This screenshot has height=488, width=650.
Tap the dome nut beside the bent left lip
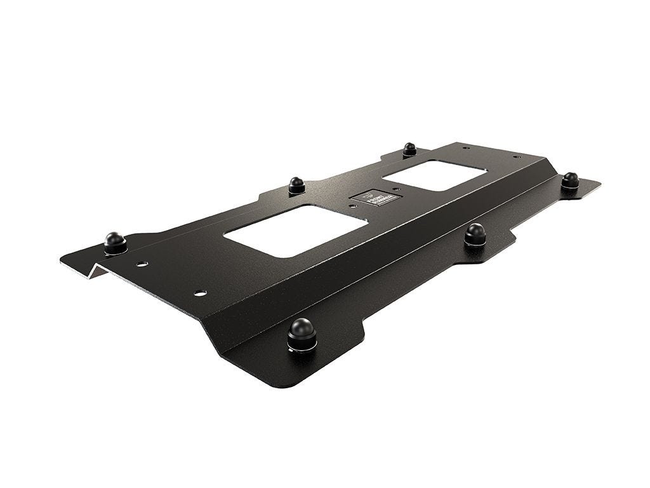pos(115,241)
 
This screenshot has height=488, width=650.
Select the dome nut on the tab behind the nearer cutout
pos(296,184)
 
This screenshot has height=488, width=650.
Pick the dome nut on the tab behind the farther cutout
pos(409,149)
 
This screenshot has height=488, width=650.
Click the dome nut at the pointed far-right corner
pos(570,180)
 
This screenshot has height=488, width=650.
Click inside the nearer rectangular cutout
pos(295,230)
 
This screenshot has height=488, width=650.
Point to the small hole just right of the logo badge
pos(396,189)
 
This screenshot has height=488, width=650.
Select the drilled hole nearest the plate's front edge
pos(200,293)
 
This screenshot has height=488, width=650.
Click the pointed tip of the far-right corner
pos(599,184)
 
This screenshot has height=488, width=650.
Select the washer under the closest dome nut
pos(302,346)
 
